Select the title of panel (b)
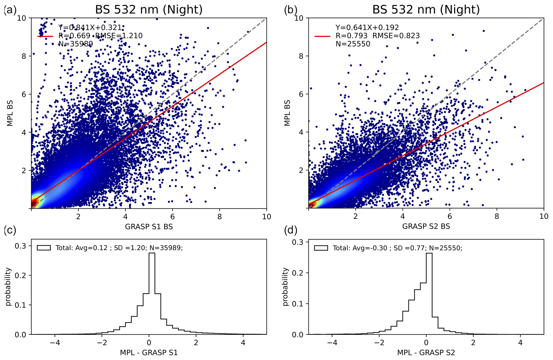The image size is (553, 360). click(426, 10)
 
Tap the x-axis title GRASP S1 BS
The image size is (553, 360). click(149, 227)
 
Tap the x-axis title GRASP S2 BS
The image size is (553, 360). click(426, 226)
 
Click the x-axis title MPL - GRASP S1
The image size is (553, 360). click(149, 353)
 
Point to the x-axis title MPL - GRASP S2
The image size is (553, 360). click(426, 353)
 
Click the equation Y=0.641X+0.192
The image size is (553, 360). click(367, 28)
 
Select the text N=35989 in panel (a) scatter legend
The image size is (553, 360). click(76, 44)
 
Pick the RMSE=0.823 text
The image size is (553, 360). click(396, 36)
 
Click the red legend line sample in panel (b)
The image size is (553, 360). click(322, 36)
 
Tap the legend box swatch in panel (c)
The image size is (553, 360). click(44, 248)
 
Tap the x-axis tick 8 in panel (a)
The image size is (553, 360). click(219, 217)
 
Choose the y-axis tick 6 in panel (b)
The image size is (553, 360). click(302, 94)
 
